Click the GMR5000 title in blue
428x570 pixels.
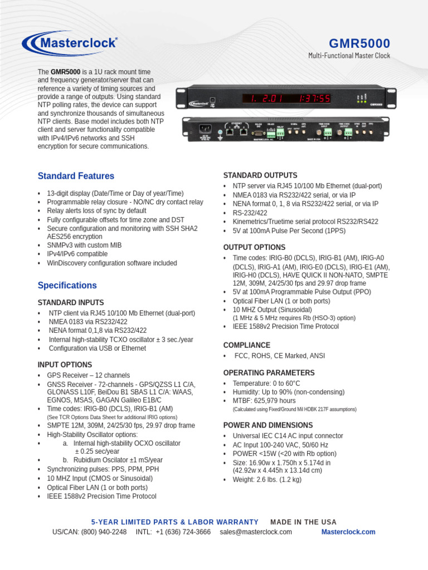[359, 43]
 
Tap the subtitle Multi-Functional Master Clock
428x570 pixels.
[349, 56]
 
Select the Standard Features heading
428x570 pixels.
[76, 176]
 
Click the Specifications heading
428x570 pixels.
[67, 285]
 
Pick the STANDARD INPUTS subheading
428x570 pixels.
[70, 302]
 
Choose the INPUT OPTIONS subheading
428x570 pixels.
[65, 365]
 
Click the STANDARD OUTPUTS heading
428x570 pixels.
[260, 175]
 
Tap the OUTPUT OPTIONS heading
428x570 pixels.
[254, 247]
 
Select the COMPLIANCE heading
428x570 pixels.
[246, 345]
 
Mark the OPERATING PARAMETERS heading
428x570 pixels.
[269, 372]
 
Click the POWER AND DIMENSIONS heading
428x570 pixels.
[268, 425]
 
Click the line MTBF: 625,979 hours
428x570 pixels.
[264, 401]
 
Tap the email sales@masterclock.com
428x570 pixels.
[256, 532]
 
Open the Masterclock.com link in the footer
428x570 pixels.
[348, 532]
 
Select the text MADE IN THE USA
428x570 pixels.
[303, 522]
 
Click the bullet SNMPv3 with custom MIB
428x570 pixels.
[84, 245]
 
